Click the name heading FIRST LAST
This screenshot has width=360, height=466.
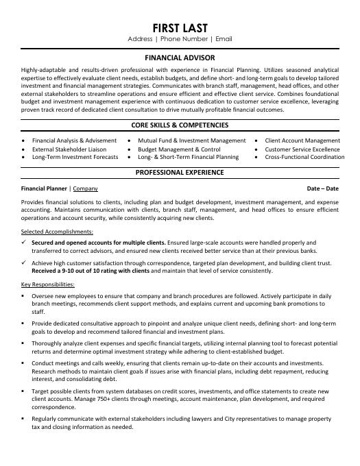(x=180, y=27)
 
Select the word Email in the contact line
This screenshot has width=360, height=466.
(x=224, y=39)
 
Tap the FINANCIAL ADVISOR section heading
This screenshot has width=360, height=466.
(x=180, y=59)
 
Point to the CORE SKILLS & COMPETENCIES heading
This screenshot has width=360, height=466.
(x=180, y=125)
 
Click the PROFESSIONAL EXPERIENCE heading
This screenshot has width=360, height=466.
(x=180, y=172)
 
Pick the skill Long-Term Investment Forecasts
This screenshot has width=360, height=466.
(x=75, y=157)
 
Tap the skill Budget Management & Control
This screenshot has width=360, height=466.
(x=179, y=149)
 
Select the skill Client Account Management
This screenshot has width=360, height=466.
(x=302, y=140)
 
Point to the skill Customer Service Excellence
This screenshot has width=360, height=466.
(x=302, y=149)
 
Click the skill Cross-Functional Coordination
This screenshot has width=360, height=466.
(x=304, y=157)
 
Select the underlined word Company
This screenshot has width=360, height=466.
(x=86, y=187)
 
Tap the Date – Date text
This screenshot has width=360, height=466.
(x=322, y=187)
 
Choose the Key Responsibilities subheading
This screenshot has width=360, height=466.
(x=47, y=284)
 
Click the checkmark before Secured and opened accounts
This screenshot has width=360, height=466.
(x=24, y=243)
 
